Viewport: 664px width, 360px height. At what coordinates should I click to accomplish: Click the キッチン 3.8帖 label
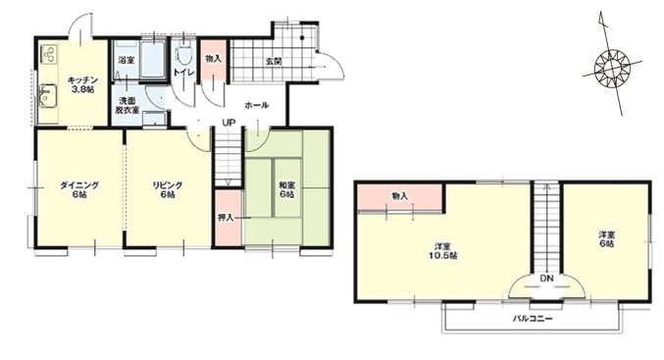tap(83, 84)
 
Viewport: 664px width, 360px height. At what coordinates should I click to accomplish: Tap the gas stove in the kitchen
tap(48, 54)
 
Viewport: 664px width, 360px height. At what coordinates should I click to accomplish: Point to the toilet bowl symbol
tap(183, 55)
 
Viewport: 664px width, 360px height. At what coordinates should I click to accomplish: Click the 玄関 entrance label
tap(274, 62)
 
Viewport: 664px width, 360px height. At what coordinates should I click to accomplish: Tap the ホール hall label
tap(257, 105)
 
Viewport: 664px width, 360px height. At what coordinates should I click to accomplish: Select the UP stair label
tap(230, 123)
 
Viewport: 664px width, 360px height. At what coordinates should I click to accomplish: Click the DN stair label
tap(547, 279)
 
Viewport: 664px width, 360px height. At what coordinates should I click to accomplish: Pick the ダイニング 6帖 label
tap(79, 190)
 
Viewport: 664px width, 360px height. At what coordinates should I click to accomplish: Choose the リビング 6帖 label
tap(168, 190)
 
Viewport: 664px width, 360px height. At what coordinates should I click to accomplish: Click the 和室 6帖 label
tap(286, 190)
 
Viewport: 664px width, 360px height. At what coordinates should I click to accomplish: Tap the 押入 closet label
tap(226, 218)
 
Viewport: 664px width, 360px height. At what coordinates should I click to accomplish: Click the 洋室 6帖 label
tap(606, 239)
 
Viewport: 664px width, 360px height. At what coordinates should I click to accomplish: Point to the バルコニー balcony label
tap(533, 319)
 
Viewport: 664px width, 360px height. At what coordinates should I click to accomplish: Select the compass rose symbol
tap(612, 68)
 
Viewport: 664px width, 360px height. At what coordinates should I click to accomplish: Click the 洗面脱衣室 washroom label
tap(128, 106)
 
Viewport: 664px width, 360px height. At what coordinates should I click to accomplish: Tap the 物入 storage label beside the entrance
tap(213, 59)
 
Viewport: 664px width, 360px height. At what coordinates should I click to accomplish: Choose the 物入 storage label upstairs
tap(400, 196)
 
